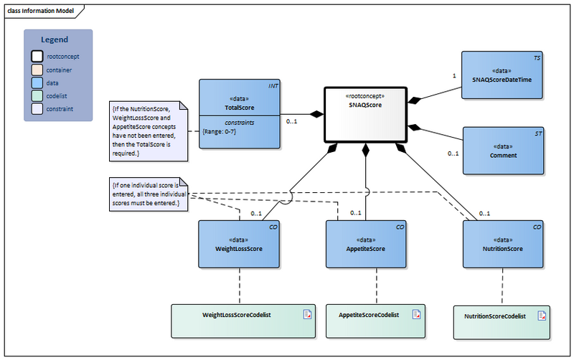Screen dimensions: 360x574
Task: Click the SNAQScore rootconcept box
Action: tap(364, 115)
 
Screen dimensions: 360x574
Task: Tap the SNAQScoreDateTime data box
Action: tap(502, 76)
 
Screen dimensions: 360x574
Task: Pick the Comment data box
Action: tap(502, 151)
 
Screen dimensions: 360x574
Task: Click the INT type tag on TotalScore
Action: tap(273, 86)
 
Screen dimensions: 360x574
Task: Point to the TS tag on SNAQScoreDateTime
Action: tap(536, 57)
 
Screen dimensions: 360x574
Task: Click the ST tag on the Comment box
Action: tap(536, 133)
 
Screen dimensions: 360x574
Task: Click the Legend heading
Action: tap(55, 39)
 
